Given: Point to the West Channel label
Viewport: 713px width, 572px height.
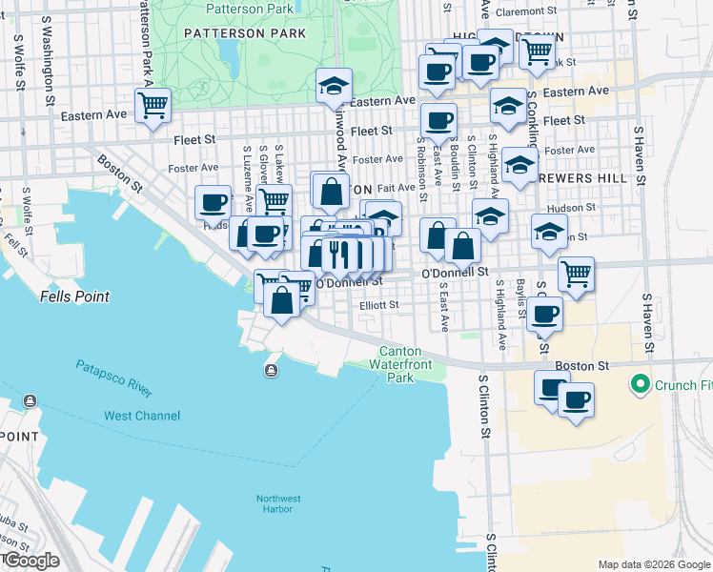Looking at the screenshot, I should click(x=141, y=416).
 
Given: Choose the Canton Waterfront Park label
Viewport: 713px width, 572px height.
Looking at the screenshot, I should click(x=407, y=365).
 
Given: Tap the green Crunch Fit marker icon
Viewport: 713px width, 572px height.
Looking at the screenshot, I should click(x=638, y=385).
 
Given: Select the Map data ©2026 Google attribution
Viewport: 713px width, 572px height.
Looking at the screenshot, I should click(x=653, y=564).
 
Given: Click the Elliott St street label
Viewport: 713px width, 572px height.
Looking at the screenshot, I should click(x=378, y=305).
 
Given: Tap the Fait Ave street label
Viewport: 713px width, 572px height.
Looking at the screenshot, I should click(x=397, y=189).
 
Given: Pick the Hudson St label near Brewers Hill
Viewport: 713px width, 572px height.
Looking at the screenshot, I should click(x=573, y=206).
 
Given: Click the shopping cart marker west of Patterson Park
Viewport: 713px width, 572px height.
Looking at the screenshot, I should click(x=153, y=104).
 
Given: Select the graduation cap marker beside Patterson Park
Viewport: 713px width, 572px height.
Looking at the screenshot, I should click(x=334, y=86).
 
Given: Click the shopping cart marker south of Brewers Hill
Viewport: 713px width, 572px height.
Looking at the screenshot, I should click(x=576, y=273).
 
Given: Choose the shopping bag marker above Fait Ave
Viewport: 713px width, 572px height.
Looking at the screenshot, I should click(x=331, y=191).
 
